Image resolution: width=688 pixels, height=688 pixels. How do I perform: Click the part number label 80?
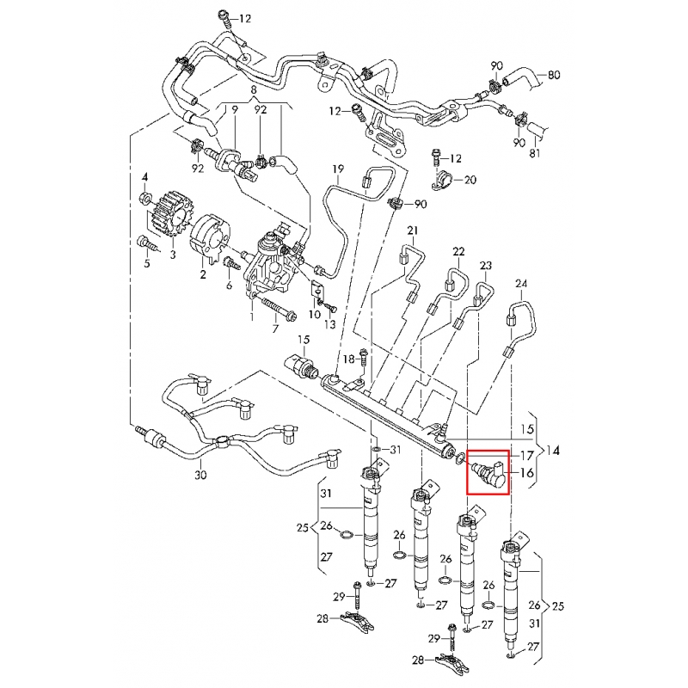(x=554, y=74)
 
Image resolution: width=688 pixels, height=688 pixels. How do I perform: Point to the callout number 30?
(x=200, y=475)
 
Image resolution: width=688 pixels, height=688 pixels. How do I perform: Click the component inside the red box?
(x=488, y=471)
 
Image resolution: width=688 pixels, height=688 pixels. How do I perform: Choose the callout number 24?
(x=520, y=285)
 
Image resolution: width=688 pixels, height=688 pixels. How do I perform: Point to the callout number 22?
(x=459, y=251)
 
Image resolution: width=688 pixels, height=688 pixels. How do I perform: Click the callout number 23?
(x=486, y=266)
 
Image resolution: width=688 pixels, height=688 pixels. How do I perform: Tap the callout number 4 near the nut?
(x=145, y=178)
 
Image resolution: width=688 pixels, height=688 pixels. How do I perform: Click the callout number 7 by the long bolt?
(x=275, y=328)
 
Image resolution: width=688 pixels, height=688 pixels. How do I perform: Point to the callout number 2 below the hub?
(x=203, y=274)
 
